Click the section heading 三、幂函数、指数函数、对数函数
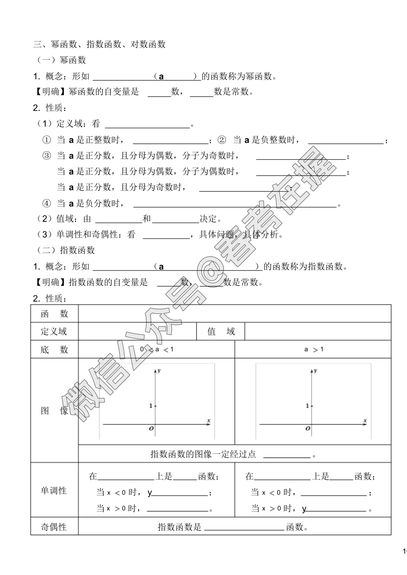coord(99,45)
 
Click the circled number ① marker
coord(46,140)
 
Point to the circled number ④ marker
coord(46,204)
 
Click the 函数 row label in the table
coord(54,314)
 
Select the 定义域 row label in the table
coord(54,331)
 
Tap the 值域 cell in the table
coord(221,331)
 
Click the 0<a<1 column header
coord(156,350)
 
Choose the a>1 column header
coord(314,350)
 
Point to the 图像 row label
coord(54,411)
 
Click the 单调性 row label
coord(54,491)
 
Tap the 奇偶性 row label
coord(54,527)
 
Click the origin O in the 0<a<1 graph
coord(151,429)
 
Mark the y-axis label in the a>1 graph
coord(315,371)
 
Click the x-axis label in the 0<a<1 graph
coord(208,421)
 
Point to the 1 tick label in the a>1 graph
coord(308,406)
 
